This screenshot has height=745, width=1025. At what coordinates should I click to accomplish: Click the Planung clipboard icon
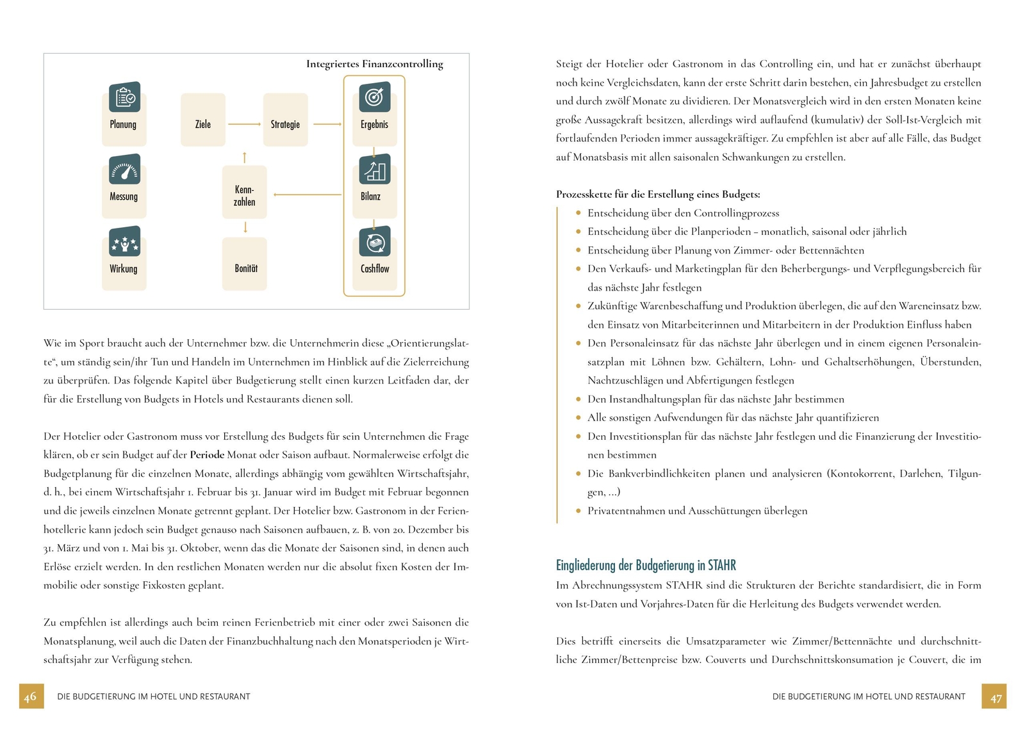(124, 97)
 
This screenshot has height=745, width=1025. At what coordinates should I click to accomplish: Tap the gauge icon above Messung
(124, 170)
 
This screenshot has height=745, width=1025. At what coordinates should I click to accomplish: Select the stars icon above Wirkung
(124, 242)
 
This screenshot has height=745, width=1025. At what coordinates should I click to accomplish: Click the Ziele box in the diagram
(203, 120)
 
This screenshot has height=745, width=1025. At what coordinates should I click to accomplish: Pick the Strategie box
(285, 120)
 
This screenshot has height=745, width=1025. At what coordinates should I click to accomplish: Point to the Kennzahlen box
(244, 193)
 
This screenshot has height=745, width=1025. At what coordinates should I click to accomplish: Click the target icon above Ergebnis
(375, 97)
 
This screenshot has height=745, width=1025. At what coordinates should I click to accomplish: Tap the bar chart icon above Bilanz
(375, 170)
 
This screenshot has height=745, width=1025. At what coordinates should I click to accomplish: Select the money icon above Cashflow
(375, 242)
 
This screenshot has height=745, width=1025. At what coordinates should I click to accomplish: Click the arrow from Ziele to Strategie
(244, 124)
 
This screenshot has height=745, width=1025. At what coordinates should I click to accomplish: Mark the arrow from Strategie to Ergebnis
(327, 124)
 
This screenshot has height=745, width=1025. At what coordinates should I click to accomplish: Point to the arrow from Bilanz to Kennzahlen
(307, 195)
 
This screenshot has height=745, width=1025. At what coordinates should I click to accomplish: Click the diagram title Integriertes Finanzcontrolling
(375, 64)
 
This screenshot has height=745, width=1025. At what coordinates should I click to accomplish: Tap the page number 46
(31, 696)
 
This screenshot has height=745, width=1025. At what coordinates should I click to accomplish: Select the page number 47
(994, 696)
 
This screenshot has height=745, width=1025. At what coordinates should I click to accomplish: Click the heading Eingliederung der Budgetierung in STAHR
(646, 566)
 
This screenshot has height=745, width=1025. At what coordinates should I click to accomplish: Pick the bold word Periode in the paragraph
(207, 455)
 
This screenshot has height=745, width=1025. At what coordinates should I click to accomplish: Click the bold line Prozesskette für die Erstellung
(658, 195)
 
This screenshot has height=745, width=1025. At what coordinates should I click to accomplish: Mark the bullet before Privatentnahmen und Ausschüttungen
(578, 511)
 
